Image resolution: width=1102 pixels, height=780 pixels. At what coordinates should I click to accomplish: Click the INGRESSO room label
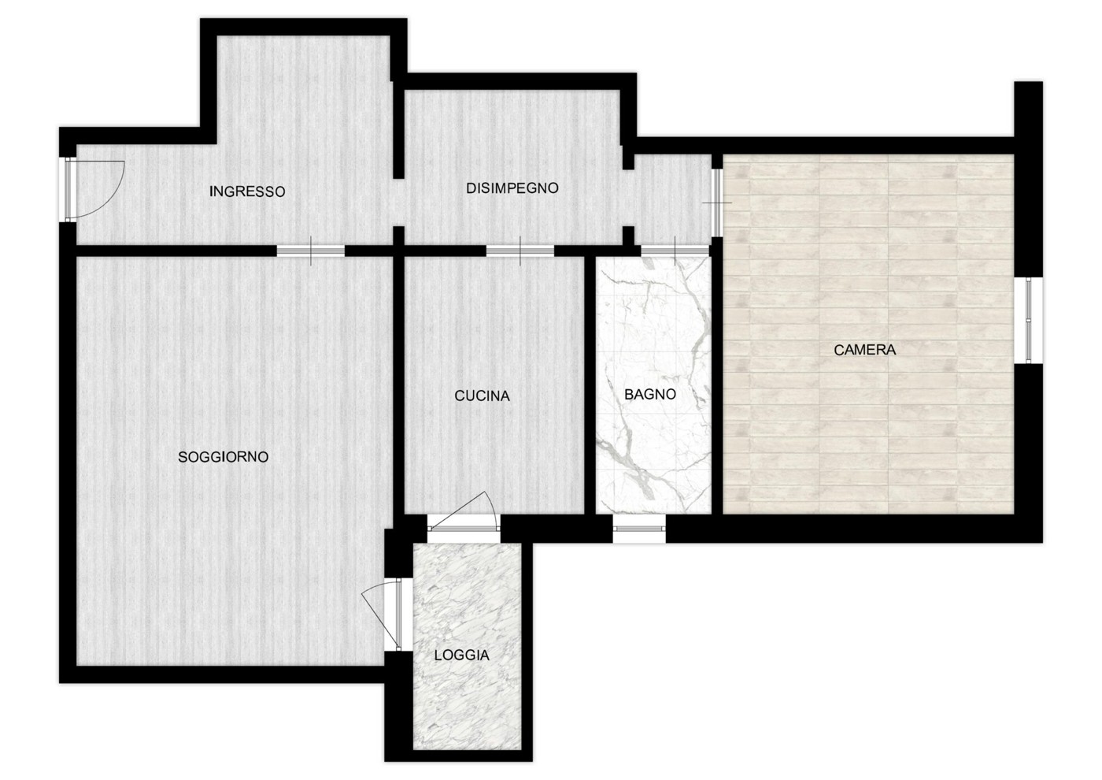coord(247,191)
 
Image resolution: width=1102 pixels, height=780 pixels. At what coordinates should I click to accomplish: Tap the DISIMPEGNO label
coord(512,188)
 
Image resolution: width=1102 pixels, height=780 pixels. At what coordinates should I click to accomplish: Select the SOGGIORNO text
coord(223,457)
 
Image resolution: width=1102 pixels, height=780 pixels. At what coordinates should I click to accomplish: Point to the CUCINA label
coord(482,396)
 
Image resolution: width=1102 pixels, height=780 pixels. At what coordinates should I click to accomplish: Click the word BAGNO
coord(650,394)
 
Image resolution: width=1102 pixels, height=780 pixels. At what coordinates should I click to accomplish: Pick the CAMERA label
coord(864,350)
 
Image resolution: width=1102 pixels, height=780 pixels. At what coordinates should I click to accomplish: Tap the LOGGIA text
coord(462,656)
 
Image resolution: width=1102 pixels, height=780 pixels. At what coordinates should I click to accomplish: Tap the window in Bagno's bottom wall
coord(639,529)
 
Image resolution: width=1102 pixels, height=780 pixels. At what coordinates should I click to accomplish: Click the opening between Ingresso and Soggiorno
coord(310,251)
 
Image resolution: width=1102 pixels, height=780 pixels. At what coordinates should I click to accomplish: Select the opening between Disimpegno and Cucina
coord(520,251)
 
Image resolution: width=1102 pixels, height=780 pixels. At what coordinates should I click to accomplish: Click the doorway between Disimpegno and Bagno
coord(675,251)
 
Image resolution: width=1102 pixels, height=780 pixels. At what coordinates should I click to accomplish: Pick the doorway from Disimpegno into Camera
coord(717,202)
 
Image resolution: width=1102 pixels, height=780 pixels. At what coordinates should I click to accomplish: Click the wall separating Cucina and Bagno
coord(590,385)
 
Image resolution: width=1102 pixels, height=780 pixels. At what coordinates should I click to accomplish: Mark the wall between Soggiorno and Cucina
coord(398,385)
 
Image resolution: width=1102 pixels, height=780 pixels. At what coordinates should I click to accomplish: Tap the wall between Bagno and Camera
coord(717,377)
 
